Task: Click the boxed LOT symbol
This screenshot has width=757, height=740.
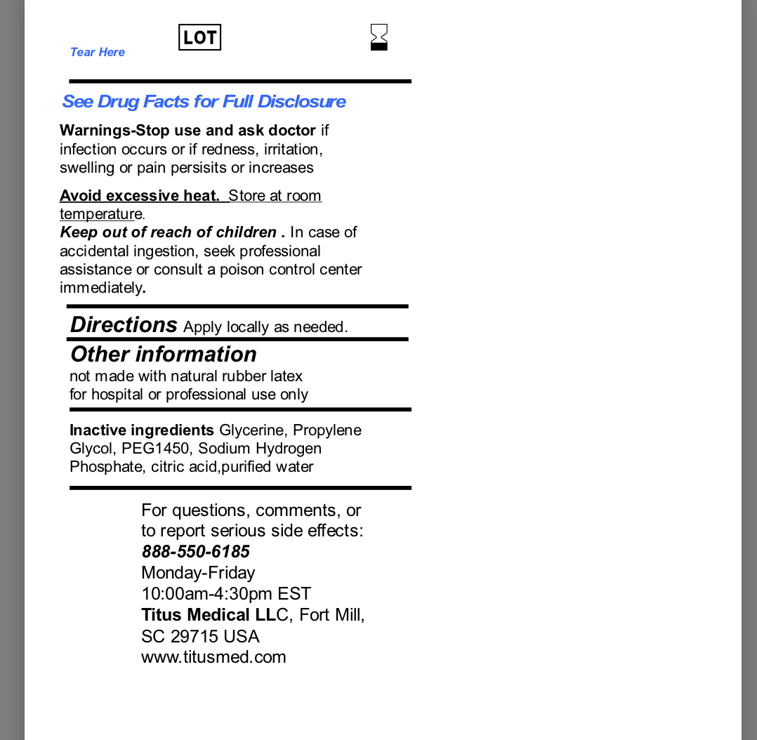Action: (199, 37)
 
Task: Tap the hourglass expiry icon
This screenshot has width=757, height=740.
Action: (379, 37)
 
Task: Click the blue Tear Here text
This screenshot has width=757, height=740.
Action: (98, 52)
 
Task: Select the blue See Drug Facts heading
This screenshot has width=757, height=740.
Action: (204, 102)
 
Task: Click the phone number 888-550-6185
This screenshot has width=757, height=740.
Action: (195, 552)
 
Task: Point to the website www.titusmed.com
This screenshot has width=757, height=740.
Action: (213, 657)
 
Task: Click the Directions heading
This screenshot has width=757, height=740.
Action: (124, 325)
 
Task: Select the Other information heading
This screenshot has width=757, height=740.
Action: (164, 354)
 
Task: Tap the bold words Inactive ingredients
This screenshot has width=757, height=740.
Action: (142, 430)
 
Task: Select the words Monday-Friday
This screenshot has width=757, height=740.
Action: (198, 573)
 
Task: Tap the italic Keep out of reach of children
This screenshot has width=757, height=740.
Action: (168, 232)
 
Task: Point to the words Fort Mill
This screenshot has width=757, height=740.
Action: (331, 615)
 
